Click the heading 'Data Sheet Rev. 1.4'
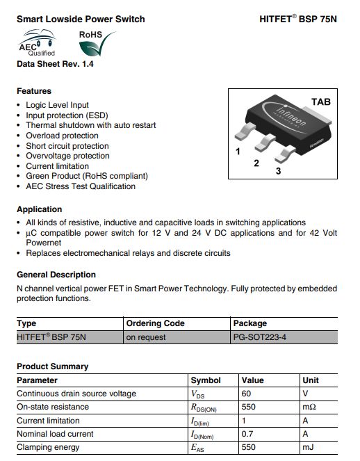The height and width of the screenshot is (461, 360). pyautogui.click(x=54, y=65)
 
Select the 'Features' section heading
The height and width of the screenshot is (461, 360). pyautogui.click(x=34, y=91)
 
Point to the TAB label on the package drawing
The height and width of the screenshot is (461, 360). pyautogui.click(x=321, y=102)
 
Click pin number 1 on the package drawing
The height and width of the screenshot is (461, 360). pyautogui.click(x=238, y=151)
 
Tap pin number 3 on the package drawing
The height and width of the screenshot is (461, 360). pyautogui.click(x=279, y=171)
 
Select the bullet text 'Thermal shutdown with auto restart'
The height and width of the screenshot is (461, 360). pyautogui.click(x=90, y=125)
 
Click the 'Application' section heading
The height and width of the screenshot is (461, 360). pyautogui.click(x=40, y=209)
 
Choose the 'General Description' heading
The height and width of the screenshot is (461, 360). pyautogui.click(x=56, y=275)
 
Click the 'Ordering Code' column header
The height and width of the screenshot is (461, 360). pyautogui.click(x=155, y=323)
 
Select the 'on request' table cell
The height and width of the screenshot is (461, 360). pyautogui.click(x=146, y=337)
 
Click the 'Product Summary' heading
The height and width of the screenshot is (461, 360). pyautogui.click(x=53, y=366)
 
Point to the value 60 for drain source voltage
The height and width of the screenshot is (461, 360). pyautogui.click(x=247, y=394)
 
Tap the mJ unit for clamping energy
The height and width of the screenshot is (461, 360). pyautogui.click(x=308, y=447)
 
